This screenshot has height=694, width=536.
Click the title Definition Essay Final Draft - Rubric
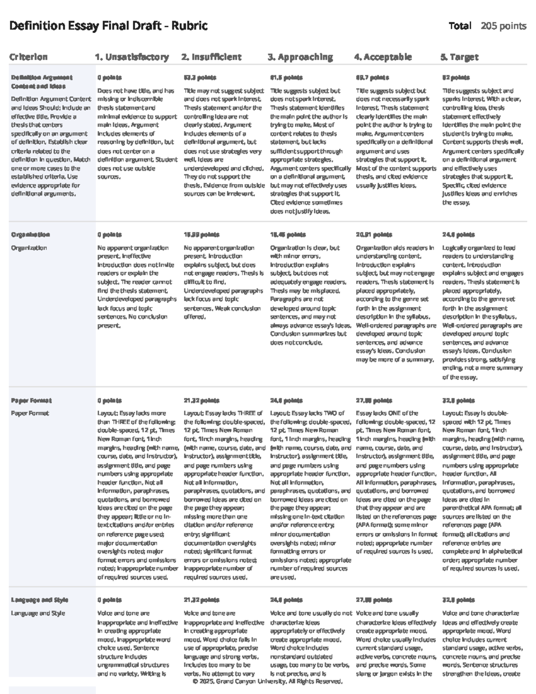[x=108, y=26]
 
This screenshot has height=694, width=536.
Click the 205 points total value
[x=503, y=26]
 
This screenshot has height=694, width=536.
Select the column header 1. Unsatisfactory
[x=132, y=57]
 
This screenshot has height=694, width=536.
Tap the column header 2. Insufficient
[x=211, y=57]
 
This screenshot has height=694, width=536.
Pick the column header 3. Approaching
[x=300, y=57]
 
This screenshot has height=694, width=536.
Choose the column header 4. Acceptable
[x=383, y=57]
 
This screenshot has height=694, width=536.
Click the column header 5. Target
[x=459, y=57]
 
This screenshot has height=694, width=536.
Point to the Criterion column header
[x=28, y=57]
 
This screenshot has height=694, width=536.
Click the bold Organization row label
[x=30, y=235]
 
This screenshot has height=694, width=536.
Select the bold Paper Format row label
[x=31, y=400]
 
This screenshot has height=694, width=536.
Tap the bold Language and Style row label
[x=39, y=600]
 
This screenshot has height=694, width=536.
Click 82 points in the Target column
[x=452, y=77]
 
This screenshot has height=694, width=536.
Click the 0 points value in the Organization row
[x=109, y=235]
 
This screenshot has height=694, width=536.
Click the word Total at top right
[x=460, y=26]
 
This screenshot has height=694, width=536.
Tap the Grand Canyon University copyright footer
[x=268, y=681]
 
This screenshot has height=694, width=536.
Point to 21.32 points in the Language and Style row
[x=201, y=600]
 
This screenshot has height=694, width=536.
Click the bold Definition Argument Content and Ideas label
[x=42, y=82]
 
